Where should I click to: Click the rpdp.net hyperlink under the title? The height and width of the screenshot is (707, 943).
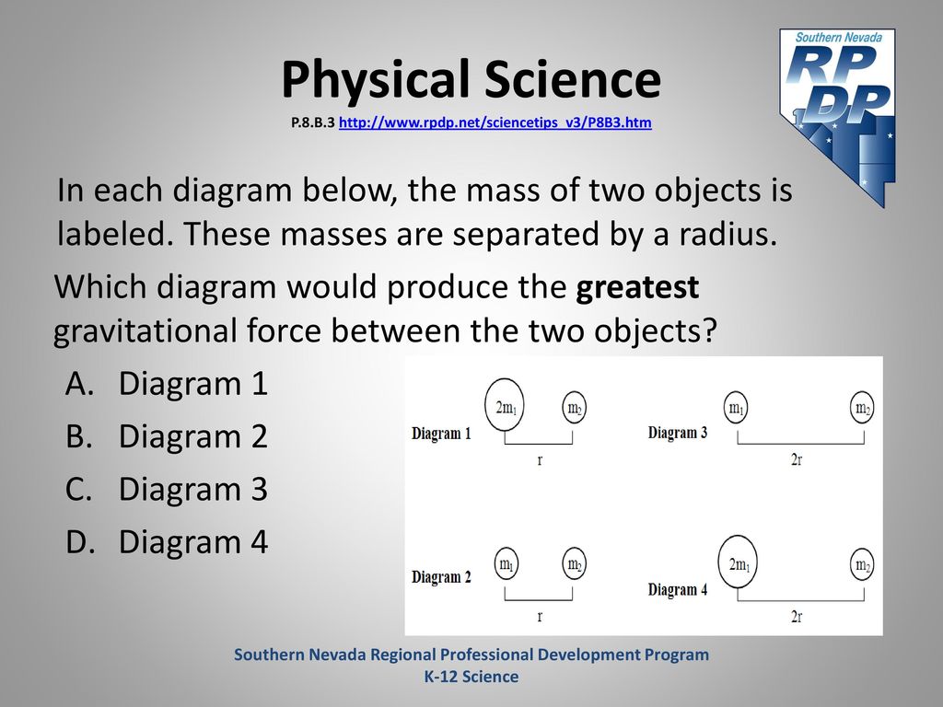(x=495, y=122)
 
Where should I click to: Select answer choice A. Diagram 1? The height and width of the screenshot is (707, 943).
(x=167, y=384)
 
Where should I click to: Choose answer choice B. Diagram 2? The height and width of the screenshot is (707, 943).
(x=167, y=435)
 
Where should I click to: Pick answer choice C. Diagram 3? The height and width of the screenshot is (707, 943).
(x=167, y=489)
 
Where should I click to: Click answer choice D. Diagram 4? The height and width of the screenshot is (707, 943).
(x=167, y=541)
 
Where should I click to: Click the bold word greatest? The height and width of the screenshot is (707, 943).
(x=637, y=287)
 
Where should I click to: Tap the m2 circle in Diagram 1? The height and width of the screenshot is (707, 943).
(x=575, y=408)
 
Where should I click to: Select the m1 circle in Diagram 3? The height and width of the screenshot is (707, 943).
(x=736, y=408)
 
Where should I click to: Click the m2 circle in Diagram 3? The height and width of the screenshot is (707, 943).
(x=862, y=408)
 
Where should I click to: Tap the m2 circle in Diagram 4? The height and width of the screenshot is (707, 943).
(x=862, y=564)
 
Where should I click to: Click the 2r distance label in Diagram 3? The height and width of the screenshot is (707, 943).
(x=797, y=460)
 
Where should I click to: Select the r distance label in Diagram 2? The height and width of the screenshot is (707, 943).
(x=540, y=616)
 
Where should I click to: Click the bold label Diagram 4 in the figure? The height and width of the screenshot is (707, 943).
(x=678, y=589)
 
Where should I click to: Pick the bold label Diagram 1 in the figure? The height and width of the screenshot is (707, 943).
(x=441, y=433)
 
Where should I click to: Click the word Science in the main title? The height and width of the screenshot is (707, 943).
(x=573, y=79)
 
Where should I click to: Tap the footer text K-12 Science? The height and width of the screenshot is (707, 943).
(x=471, y=677)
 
